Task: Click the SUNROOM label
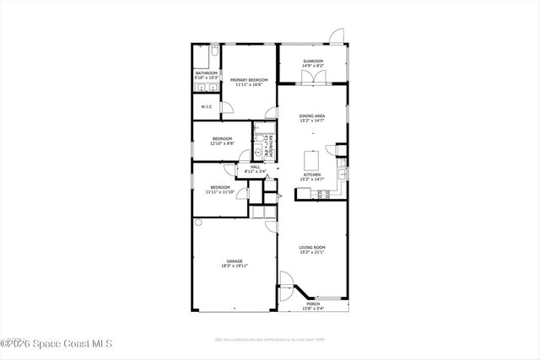312,61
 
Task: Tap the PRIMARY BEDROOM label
249,79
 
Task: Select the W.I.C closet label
206,107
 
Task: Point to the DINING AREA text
312,116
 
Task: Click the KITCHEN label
312,175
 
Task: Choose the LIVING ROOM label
312,247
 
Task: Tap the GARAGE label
235,261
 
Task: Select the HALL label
255,167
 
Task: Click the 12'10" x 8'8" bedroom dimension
222,143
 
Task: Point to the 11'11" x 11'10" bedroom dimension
220,192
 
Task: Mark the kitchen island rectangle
312,159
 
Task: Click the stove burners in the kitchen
321,195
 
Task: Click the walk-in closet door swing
226,106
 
